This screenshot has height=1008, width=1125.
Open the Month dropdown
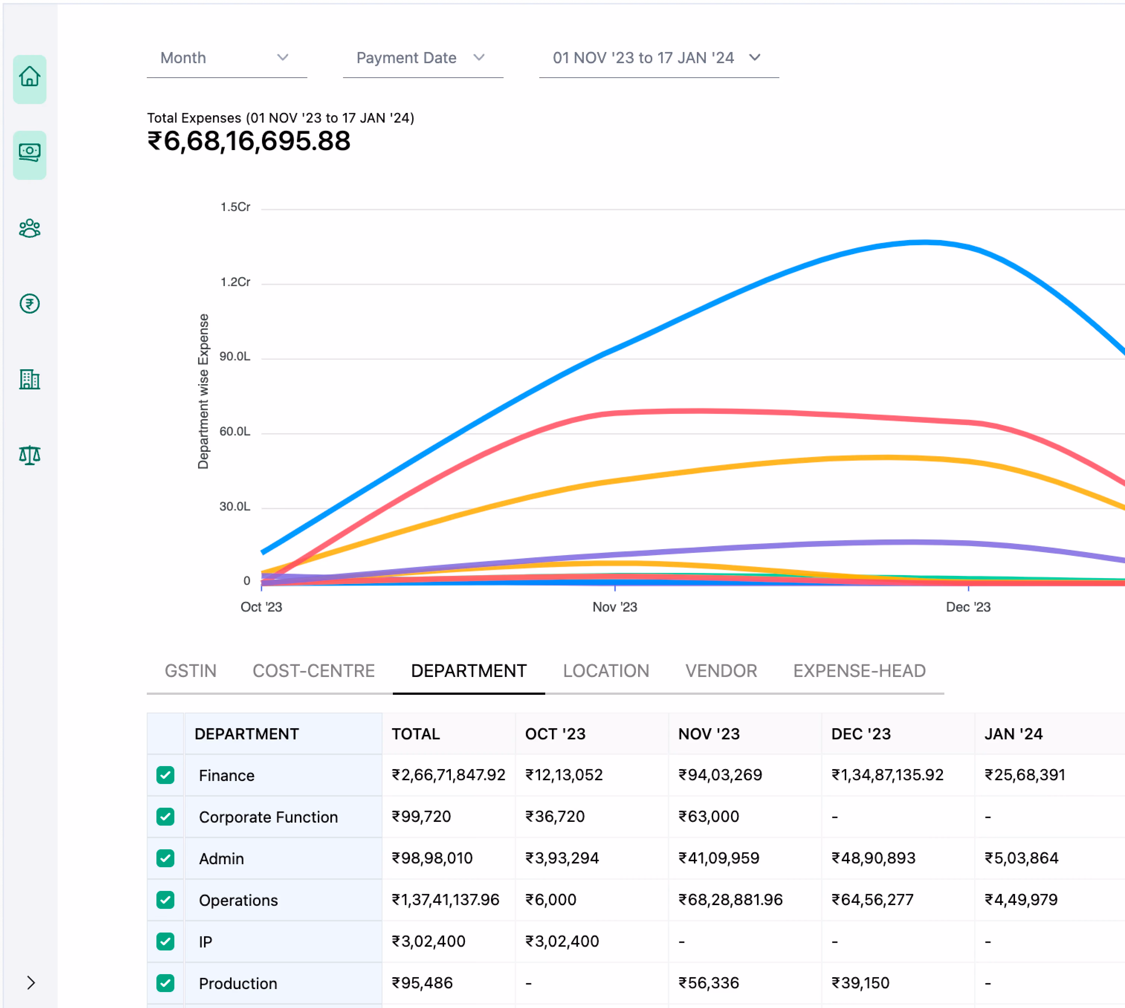pyautogui.click(x=226, y=58)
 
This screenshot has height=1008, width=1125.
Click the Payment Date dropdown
pyautogui.click(x=422, y=58)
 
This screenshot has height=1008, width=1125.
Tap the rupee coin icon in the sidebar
pyautogui.click(x=30, y=304)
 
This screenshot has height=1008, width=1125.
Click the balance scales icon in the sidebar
pyautogui.click(x=30, y=455)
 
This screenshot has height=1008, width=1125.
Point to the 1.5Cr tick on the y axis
pyautogui.click(x=235, y=207)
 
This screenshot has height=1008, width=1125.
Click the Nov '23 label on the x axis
pyautogui.click(x=614, y=607)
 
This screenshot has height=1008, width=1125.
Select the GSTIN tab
pyautogui.click(x=191, y=671)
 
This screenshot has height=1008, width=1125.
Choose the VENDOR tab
pyautogui.click(x=721, y=671)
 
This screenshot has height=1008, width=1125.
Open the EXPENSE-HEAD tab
pyautogui.click(x=859, y=671)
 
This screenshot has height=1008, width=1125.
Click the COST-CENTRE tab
pyautogui.click(x=314, y=671)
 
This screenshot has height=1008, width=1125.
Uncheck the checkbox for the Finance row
pyautogui.click(x=165, y=775)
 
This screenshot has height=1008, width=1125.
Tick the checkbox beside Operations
pyautogui.click(x=165, y=900)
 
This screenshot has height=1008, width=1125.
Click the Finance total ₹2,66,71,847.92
pyautogui.click(x=448, y=775)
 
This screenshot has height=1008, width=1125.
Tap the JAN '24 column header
pyautogui.click(x=1013, y=734)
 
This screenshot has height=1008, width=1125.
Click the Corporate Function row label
pyautogui.click(x=268, y=817)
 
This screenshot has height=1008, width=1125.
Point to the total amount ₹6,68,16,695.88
pyautogui.click(x=249, y=141)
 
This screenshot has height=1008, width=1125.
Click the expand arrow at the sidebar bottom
pyautogui.click(x=31, y=982)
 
